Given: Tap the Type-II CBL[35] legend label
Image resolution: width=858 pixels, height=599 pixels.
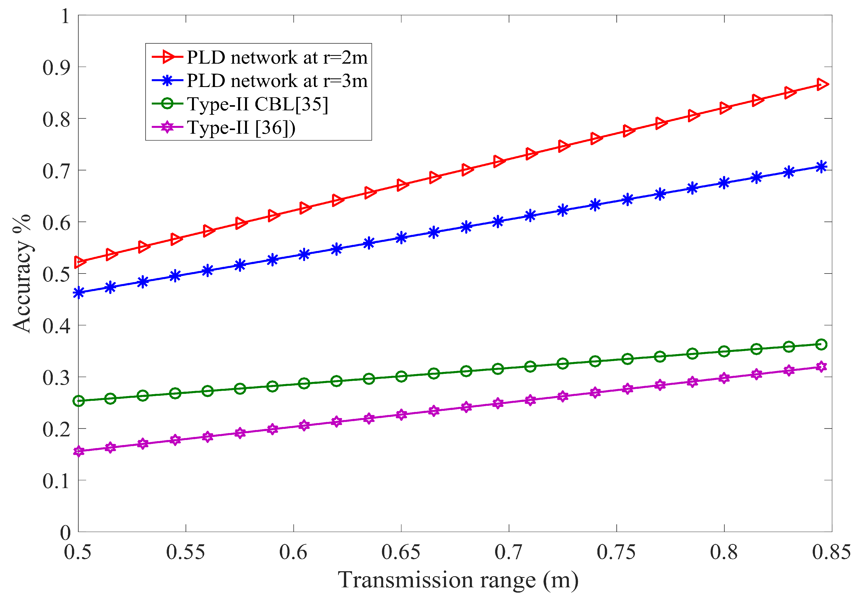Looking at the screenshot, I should pyautogui.click(x=258, y=104).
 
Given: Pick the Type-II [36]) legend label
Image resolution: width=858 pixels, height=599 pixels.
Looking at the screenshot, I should pyautogui.click(x=241, y=128).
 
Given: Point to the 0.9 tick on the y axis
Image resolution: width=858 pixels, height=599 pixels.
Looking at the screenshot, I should pyautogui.click(x=56, y=68).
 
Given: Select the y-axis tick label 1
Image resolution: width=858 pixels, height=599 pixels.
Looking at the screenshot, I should pyautogui.click(x=65, y=16).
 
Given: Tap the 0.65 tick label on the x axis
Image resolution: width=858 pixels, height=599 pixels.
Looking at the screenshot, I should pyautogui.click(x=401, y=553).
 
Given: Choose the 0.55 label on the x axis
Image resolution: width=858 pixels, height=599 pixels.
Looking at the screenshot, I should pyautogui.click(x=185, y=553).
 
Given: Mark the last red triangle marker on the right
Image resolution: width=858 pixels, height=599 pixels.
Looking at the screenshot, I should pyautogui.click(x=821, y=84).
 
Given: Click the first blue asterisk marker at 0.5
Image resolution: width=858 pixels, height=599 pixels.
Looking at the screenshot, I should pyautogui.click(x=78, y=293).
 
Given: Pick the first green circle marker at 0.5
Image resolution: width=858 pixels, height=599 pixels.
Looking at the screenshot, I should pyautogui.click(x=78, y=401).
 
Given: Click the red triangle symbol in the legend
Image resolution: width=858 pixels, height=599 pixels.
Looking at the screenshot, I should pyautogui.click(x=168, y=57).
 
